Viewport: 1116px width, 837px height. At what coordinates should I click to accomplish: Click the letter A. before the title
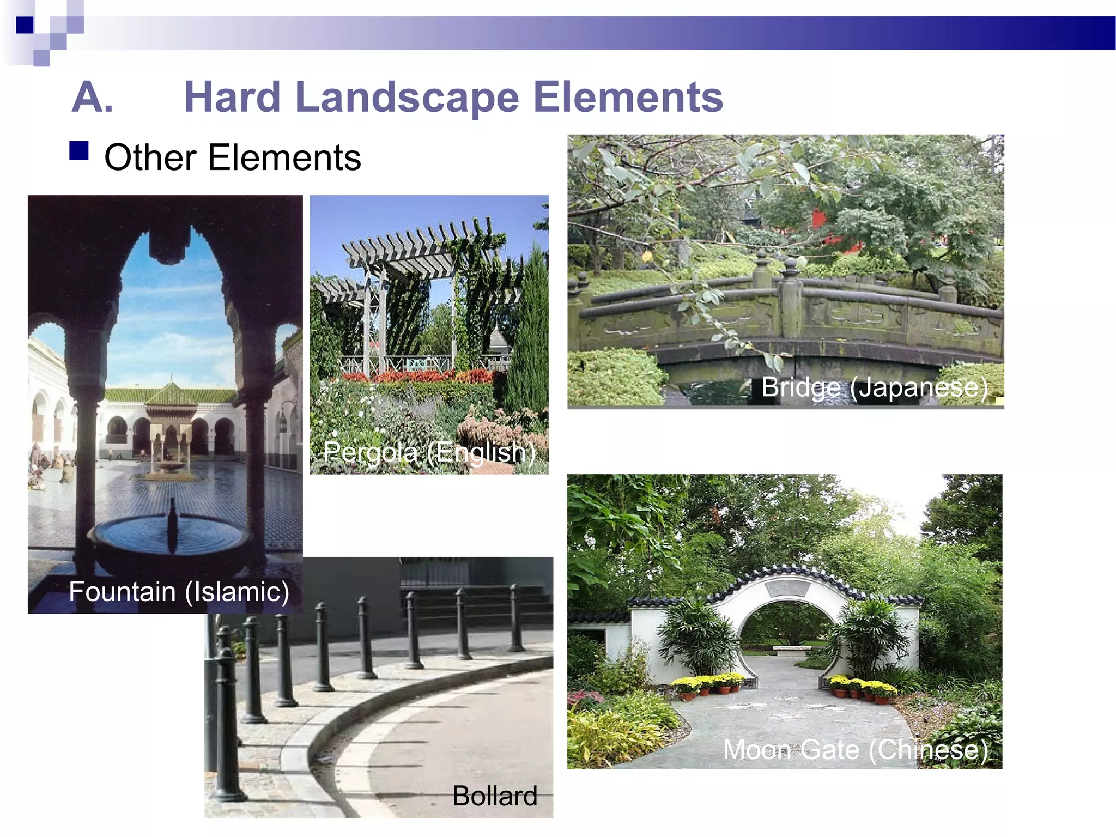click(93, 98)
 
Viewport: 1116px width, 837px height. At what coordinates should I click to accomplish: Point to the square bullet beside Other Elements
click(79, 150)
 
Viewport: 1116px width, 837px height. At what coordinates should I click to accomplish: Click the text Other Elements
click(232, 158)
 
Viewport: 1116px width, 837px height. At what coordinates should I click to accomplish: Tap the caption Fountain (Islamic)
click(179, 592)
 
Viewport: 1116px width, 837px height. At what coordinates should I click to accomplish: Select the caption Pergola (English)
click(429, 452)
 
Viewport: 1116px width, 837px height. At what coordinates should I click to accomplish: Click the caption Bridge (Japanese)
click(874, 387)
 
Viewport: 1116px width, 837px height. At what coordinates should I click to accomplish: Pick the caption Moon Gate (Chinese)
click(855, 750)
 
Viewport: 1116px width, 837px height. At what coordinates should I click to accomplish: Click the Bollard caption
click(494, 796)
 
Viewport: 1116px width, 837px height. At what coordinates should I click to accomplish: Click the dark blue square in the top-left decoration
click(25, 25)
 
